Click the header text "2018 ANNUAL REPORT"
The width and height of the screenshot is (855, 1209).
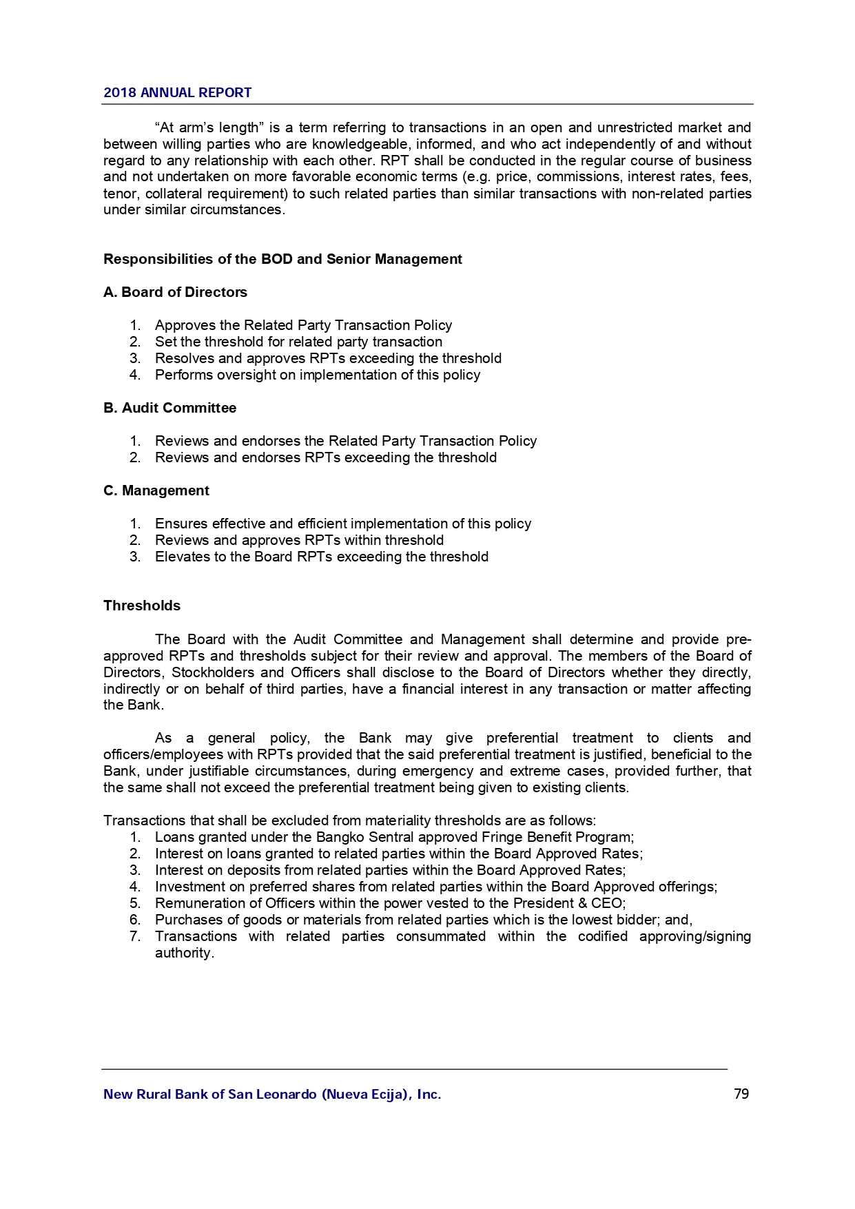(177, 93)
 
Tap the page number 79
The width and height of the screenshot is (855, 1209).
(741, 1094)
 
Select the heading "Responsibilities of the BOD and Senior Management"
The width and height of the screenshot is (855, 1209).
(282, 259)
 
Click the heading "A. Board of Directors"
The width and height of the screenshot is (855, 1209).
(175, 292)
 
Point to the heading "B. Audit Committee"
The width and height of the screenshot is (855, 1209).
(169, 408)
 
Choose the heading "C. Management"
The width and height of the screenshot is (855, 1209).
(156, 490)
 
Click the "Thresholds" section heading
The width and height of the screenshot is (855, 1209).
(142, 606)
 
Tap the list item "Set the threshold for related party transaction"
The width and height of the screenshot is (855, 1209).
(298, 342)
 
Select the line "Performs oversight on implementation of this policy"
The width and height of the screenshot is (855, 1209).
(317, 375)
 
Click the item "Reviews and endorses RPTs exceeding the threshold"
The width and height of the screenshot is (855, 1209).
(325, 457)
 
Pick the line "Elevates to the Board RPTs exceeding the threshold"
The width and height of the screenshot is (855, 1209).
(321, 557)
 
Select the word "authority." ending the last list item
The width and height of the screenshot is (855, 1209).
(184, 953)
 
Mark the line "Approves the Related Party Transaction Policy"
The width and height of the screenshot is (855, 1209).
(303, 325)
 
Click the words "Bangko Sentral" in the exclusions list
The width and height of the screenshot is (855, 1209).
(364, 837)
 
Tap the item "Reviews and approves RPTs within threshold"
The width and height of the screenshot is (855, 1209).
(299, 540)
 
